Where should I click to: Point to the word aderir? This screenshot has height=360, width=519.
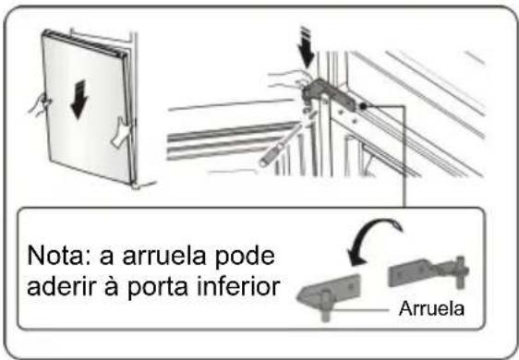pyautogui.click(x=59, y=285)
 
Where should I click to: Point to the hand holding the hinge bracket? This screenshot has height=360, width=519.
pyautogui.click(x=298, y=79)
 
